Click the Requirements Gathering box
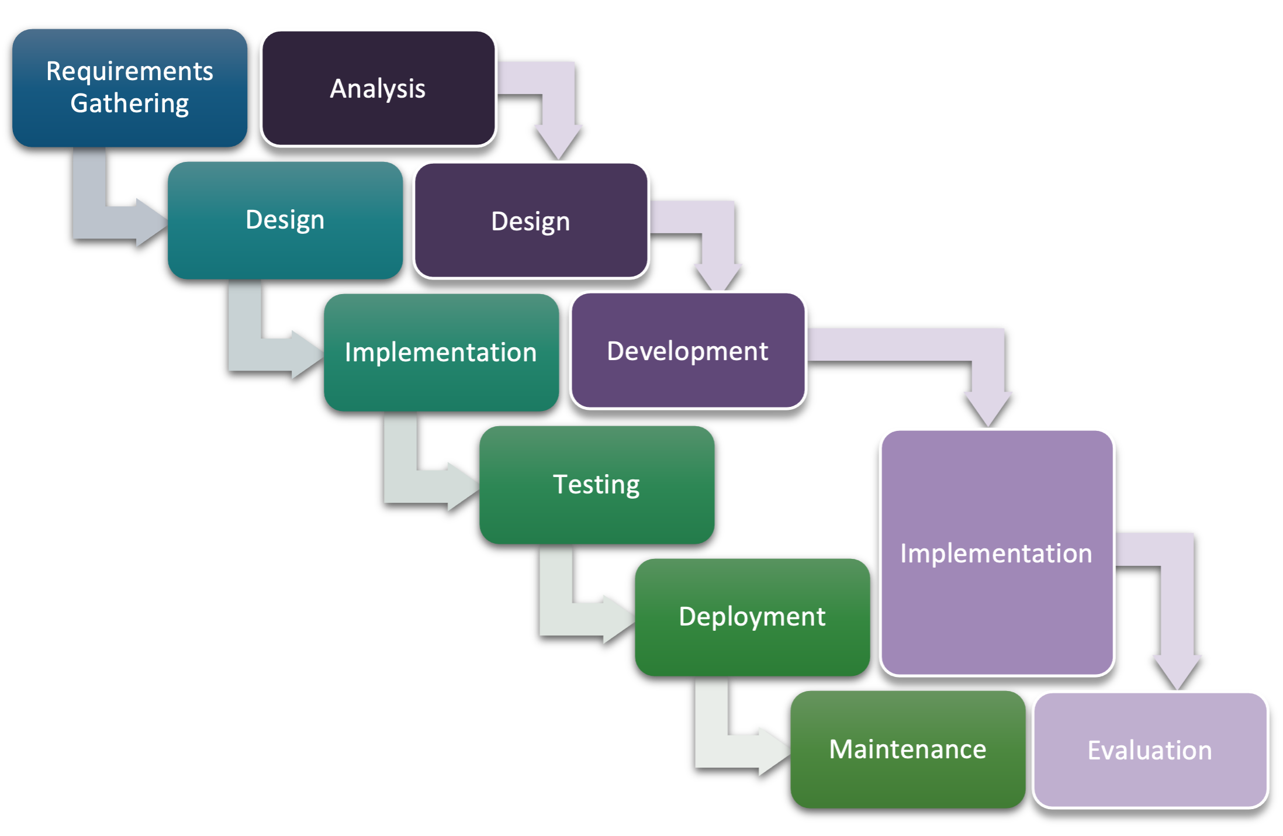pos(130,88)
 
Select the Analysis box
pos(379,88)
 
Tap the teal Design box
pos(285,220)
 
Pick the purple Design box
pos(531,220)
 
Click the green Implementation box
pos(441,352)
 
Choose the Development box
pos(688,350)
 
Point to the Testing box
pos(597,484)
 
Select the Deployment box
pos(752,617)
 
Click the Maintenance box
pos(908,749)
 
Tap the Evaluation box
pos(1150,749)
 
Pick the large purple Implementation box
pos(997,552)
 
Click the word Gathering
pos(130,103)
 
